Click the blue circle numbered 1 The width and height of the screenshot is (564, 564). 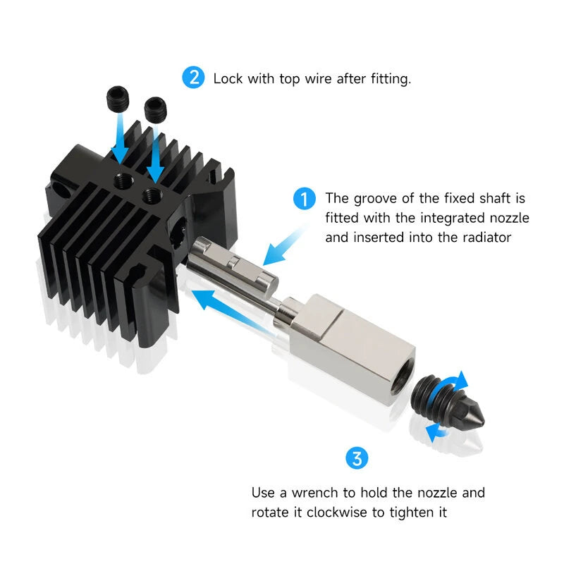(304, 200)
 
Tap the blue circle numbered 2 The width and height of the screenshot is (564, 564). (193, 78)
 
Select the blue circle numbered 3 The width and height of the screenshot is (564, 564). (357, 459)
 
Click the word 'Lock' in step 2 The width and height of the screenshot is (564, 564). (228, 78)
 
